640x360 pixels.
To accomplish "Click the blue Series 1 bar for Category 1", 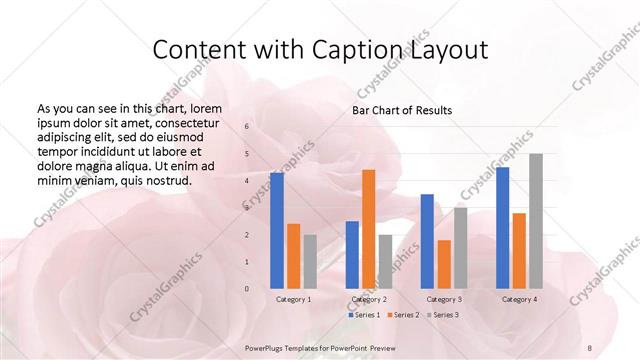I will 277,230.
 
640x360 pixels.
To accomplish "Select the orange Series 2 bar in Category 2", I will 368,229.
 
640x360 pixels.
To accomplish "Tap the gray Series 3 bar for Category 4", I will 536,221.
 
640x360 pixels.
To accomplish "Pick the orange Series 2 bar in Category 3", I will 443,264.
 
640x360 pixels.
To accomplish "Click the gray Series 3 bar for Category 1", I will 310,262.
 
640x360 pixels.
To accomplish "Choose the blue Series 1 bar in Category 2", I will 352,255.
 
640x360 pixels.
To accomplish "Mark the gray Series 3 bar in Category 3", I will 460,248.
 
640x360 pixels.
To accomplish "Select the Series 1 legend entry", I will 364,315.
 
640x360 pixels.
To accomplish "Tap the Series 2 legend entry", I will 403,315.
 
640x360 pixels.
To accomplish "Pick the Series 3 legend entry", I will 443,315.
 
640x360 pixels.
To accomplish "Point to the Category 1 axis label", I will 293,299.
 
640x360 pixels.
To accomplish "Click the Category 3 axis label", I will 444,299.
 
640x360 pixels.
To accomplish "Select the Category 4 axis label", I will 519,299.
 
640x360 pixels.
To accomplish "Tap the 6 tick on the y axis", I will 247,126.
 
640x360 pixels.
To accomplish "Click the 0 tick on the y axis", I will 247,289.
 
